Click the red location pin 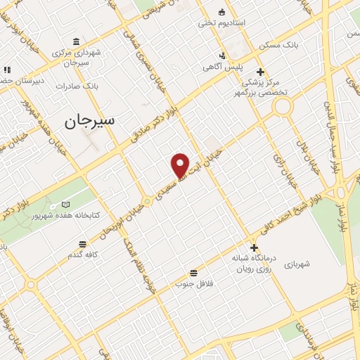coord(181,165)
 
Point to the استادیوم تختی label coord(240,23)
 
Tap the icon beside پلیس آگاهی coord(222,56)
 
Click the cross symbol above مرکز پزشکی coord(260,72)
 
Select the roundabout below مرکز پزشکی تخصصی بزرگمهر coord(283,106)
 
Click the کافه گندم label coord(82,254)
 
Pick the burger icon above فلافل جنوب coord(193,272)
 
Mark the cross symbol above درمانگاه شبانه coord(254,247)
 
